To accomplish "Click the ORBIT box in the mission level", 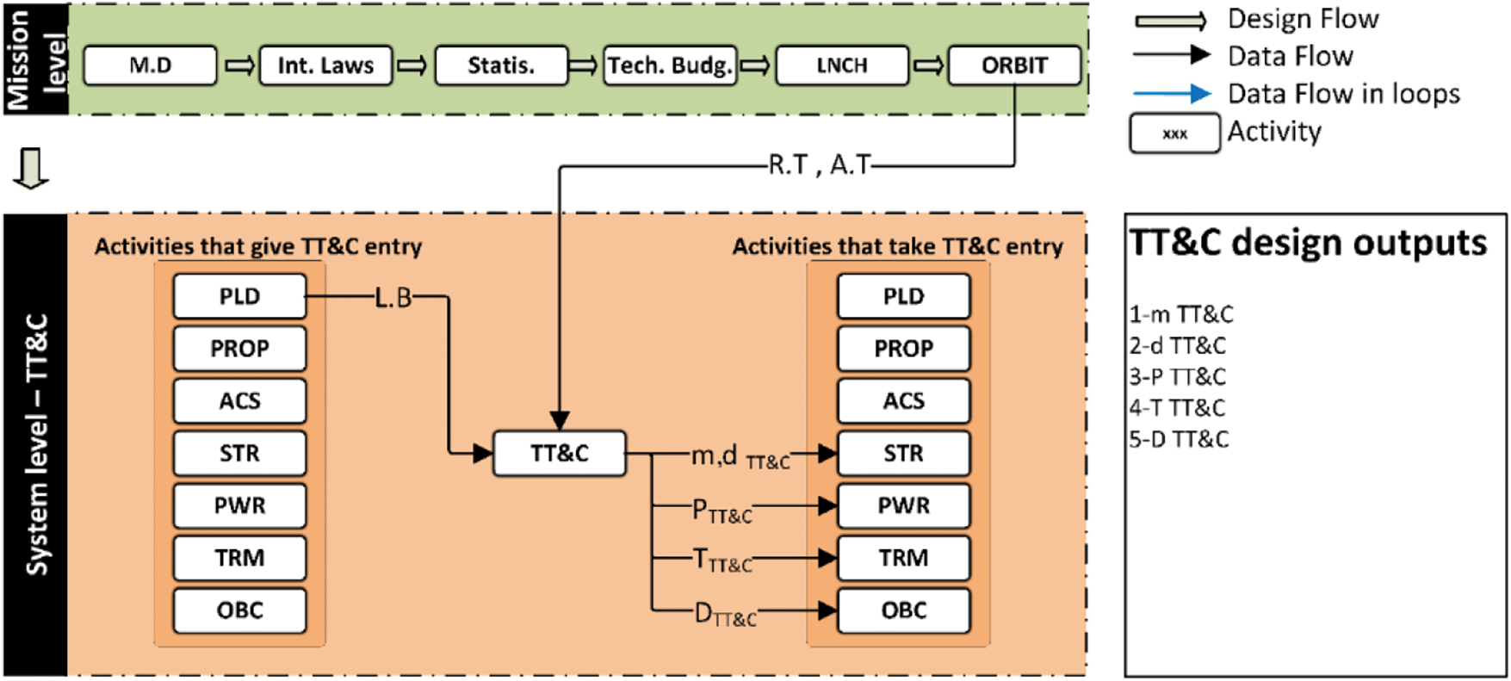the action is pyautogui.click(x=1014, y=65).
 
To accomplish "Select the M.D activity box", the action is pyautogui.click(x=150, y=65).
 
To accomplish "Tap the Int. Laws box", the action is pyautogui.click(x=325, y=65).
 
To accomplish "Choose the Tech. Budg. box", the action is pyautogui.click(x=670, y=65).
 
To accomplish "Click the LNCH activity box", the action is pyautogui.click(x=842, y=65).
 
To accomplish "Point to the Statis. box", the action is pyautogui.click(x=501, y=65).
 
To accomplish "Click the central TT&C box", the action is pyautogui.click(x=560, y=454).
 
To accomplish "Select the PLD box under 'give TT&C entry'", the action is pyautogui.click(x=239, y=296).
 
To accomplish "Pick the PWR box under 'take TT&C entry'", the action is pyautogui.click(x=904, y=505).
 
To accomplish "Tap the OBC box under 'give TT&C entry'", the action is pyautogui.click(x=239, y=610).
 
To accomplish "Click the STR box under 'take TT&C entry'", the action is pyautogui.click(x=904, y=454).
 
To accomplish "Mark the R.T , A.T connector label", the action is pyautogui.click(x=820, y=164).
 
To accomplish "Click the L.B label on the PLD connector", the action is pyautogui.click(x=393, y=298).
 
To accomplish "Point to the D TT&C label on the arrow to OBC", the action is pyautogui.click(x=726, y=615).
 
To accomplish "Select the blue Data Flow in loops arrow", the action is pyautogui.click(x=1173, y=93).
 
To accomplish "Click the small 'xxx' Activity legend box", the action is pyautogui.click(x=1174, y=133).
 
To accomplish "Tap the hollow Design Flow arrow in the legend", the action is pyautogui.click(x=1171, y=21).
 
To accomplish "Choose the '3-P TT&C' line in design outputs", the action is pyautogui.click(x=1178, y=377).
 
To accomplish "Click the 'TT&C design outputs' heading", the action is pyautogui.click(x=1308, y=243).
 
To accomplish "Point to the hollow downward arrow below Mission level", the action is pyautogui.click(x=32, y=168).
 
